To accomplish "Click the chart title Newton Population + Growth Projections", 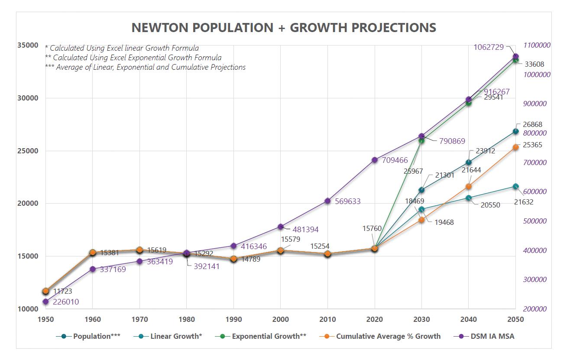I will (x=284, y=28).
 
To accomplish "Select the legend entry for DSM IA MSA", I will (x=493, y=336).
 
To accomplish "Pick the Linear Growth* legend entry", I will (x=176, y=336).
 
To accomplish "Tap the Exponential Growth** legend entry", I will (x=269, y=336).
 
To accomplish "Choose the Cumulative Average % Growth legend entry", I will (x=388, y=336).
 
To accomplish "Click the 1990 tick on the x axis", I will (x=234, y=320).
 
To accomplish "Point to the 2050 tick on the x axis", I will (x=515, y=320).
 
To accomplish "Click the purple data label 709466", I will (x=395, y=160).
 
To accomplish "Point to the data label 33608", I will (x=534, y=64).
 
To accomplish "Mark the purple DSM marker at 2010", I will (x=328, y=201).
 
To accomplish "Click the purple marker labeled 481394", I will (x=281, y=227).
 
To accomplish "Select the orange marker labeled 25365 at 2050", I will (x=515, y=147).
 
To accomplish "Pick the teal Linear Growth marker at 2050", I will (x=515, y=186).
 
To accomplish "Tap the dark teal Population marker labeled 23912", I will (x=469, y=162).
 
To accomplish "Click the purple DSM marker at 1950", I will (x=45, y=302).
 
